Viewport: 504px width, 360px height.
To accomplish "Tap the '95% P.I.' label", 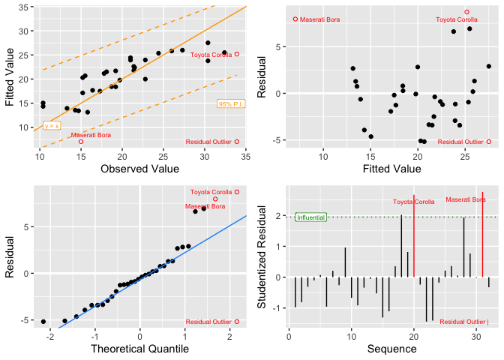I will (x=230, y=103).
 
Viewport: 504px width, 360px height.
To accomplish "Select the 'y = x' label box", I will (x=52, y=126).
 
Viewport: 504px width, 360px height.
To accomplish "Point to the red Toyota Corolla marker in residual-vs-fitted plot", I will (x=466, y=12).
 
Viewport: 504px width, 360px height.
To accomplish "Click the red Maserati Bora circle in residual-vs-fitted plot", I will (x=295, y=19).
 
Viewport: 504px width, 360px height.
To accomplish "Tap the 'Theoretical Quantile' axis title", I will (x=140, y=349).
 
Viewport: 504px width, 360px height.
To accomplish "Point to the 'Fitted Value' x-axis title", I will (x=391, y=169).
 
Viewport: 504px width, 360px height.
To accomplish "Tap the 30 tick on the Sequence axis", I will (x=476, y=335).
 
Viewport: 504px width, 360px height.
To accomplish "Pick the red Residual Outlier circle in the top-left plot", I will (x=237, y=141).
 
